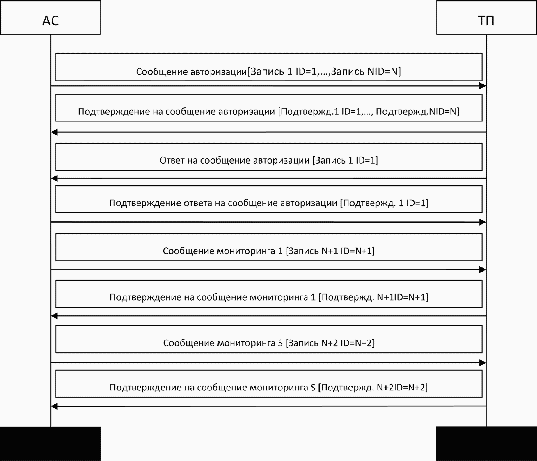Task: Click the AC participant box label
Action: point(51,21)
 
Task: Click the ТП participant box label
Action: point(486,21)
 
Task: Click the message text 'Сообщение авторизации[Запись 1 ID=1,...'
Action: point(268,72)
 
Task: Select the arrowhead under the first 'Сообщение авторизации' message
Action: point(482,86)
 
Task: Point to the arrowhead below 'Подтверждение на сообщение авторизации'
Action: point(54,132)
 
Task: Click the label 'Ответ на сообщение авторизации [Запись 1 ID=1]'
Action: point(269,160)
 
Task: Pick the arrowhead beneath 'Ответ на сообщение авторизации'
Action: point(54,178)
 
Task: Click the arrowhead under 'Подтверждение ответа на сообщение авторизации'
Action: point(482,222)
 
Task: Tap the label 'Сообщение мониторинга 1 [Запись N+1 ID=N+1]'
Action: point(269,251)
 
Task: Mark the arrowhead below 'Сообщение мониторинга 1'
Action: point(482,270)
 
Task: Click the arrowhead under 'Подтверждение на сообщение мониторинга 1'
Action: point(54,316)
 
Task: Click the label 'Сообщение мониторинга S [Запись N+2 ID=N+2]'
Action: point(269,343)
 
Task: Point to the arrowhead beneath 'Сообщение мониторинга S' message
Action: point(482,363)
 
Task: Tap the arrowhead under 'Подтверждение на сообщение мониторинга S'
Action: point(54,406)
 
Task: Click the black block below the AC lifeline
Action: point(50,444)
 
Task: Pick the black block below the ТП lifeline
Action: point(486,444)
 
